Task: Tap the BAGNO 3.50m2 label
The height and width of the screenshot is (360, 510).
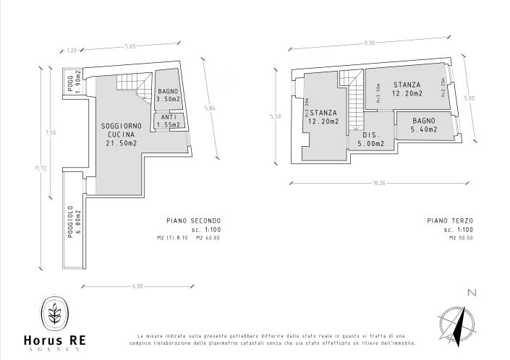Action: pyautogui.click(x=168, y=95)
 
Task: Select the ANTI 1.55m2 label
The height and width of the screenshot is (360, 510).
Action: pyautogui.click(x=168, y=121)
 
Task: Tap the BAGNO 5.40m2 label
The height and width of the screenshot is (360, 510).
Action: pyautogui.click(x=423, y=125)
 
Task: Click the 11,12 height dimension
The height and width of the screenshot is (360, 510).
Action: pyautogui.click(x=38, y=168)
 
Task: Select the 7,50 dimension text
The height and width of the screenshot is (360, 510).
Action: pyautogui.click(x=51, y=132)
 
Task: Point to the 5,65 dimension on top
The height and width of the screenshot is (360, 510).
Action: pyautogui.click(x=130, y=47)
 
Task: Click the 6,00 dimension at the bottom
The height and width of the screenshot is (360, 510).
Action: pyautogui.click(x=138, y=287)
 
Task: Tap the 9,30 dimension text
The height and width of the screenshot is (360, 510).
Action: pyautogui.click(x=370, y=43)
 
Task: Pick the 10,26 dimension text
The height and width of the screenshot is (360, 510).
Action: pyautogui.click(x=378, y=183)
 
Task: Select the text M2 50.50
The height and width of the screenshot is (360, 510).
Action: pyautogui.click(x=461, y=238)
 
